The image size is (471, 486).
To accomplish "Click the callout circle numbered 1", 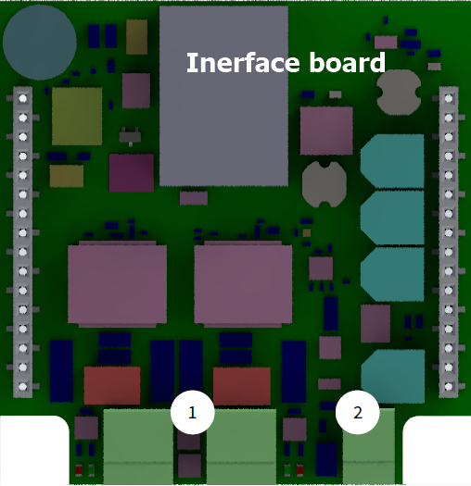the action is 193,413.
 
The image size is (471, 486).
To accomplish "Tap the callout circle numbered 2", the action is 358,413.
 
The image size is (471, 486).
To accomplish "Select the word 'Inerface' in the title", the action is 243,63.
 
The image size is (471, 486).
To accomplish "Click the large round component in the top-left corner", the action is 40,43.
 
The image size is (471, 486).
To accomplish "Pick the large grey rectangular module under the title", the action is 223,96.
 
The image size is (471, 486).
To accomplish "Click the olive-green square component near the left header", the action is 77,117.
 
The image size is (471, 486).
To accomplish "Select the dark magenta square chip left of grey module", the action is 132,172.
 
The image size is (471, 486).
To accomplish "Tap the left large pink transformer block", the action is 118,284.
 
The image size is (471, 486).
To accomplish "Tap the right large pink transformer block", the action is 243,284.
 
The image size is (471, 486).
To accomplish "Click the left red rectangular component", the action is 112,385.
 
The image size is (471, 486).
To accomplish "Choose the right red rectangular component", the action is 242,386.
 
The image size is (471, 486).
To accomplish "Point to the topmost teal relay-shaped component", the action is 392,161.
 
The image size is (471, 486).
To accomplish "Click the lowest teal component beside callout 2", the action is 393,377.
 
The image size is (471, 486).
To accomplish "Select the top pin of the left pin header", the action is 22,98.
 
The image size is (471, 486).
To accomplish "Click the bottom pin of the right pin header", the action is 449,387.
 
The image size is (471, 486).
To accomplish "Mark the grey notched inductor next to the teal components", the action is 325,184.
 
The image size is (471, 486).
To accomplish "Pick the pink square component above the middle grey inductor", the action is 326,131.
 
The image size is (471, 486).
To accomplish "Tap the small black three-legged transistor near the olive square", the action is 130,136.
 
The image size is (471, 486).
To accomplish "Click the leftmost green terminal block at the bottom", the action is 138,446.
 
